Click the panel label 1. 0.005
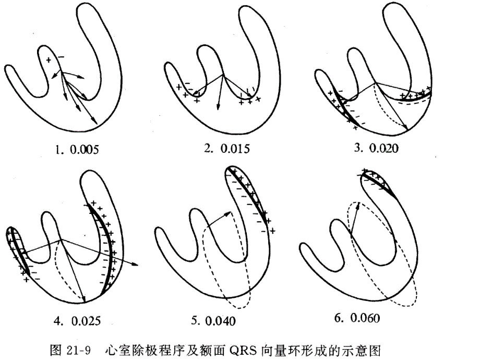77,150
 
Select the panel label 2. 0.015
227,149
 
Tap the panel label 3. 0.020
376,148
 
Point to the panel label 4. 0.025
77,320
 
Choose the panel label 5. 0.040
213,320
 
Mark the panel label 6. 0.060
357,318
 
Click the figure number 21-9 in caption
78,350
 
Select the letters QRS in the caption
242,350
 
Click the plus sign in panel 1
49,60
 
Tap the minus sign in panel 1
61,57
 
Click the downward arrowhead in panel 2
218,106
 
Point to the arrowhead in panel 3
405,128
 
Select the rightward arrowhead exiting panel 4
135,265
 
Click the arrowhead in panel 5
228,213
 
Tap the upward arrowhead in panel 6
358,206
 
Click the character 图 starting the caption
55,350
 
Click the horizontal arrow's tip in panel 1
84,78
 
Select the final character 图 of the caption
375,350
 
